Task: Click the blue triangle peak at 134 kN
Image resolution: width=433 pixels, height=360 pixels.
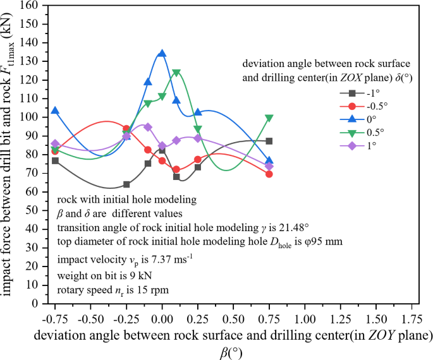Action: pyautogui.click(x=162, y=54)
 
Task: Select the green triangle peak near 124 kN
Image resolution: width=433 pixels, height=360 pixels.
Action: pyautogui.click(x=176, y=73)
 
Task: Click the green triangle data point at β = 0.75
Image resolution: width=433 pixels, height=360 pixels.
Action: pyautogui.click(x=269, y=118)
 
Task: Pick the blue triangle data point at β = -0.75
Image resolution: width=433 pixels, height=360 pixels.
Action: pyautogui.click(x=55, y=111)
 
